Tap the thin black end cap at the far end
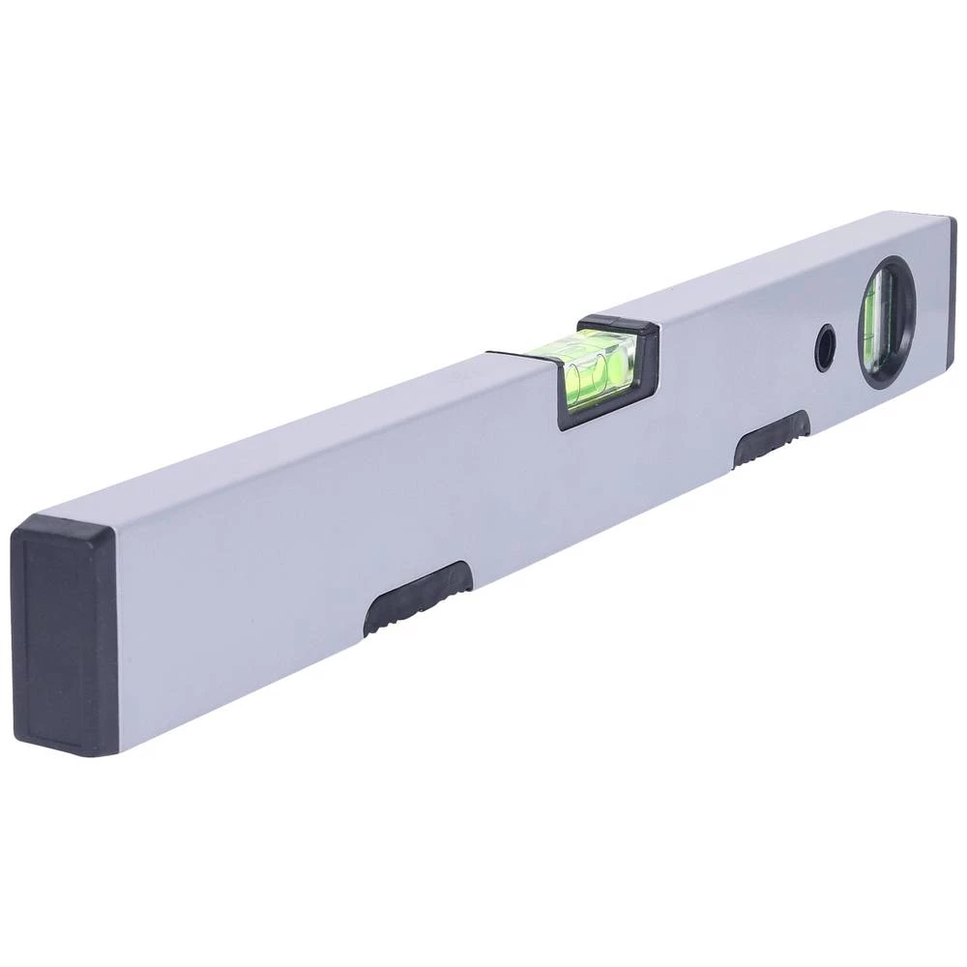tap(952, 290)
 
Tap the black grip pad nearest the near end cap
tap(418, 598)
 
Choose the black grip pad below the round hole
tap(771, 437)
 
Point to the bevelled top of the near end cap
tap(68, 527)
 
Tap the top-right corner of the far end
tap(952, 218)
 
